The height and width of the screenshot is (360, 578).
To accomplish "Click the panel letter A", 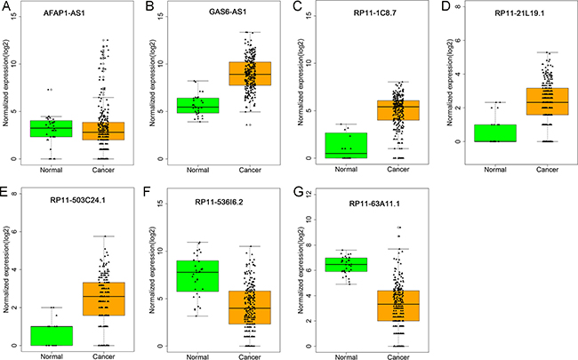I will tap(6, 7).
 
